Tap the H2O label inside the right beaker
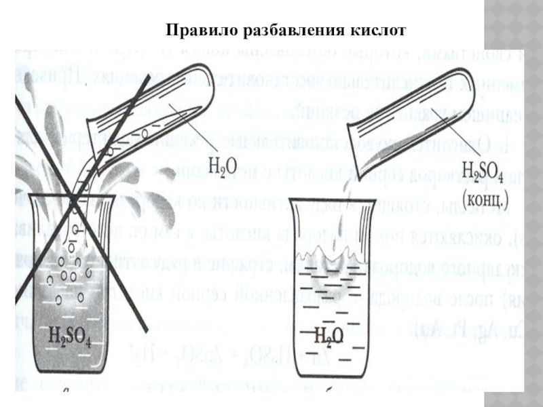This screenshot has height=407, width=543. click(x=328, y=333)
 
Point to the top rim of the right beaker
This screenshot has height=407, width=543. click(x=330, y=201)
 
